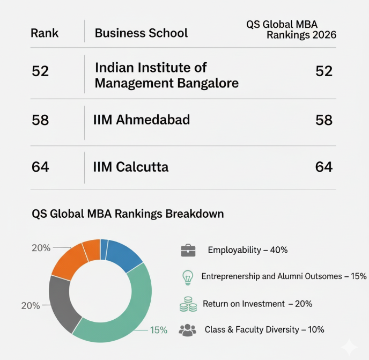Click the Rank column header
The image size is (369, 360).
click(x=45, y=33)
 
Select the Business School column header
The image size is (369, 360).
click(x=141, y=33)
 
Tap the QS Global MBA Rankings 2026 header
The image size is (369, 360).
click(x=291, y=30)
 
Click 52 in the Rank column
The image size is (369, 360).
click(x=40, y=71)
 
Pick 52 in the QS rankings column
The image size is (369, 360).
click(x=324, y=71)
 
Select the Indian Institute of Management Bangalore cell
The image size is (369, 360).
click(x=166, y=76)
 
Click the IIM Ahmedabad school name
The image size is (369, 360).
click(x=142, y=120)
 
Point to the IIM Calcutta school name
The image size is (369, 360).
click(x=131, y=167)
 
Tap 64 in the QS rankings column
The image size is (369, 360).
click(x=324, y=167)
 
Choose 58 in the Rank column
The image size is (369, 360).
click(x=40, y=120)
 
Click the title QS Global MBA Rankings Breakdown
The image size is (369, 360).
click(x=128, y=214)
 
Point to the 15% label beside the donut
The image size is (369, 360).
click(x=158, y=330)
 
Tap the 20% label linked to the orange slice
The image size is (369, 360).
click(x=41, y=248)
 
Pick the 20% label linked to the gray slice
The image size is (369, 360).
click(x=31, y=306)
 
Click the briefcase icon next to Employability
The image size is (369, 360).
click(x=188, y=250)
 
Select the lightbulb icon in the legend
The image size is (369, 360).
click(x=187, y=277)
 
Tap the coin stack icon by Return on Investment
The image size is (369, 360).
click(x=187, y=304)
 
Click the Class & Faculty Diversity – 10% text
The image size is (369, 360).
click(x=264, y=329)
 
